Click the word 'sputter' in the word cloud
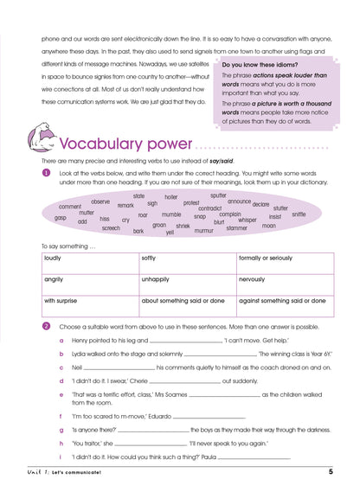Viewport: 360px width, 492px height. (x=218, y=195)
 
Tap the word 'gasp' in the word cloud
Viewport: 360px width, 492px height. (x=61, y=217)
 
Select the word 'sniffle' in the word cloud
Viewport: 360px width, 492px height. (x=299, y=214)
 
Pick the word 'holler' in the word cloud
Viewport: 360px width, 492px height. (x=171, y=197)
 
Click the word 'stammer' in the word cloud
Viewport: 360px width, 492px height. (x=236, y=228)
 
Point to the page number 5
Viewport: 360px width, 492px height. (x=331, y=471)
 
